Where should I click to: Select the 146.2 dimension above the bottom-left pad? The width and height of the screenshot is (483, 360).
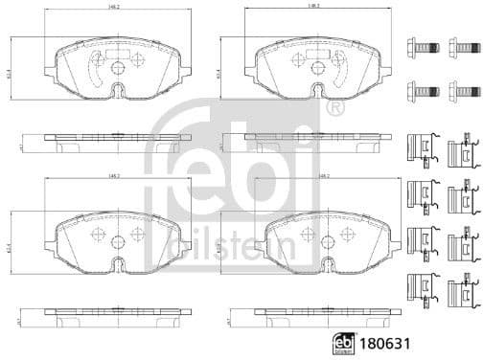coord(114,202)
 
